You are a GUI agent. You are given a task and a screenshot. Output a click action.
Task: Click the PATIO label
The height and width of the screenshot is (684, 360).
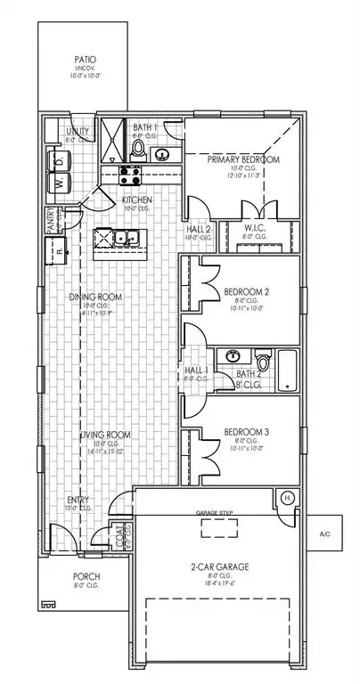(x=86, y=62)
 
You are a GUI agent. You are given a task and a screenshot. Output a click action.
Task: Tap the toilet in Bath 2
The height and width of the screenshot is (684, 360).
(x=261, y=362)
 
